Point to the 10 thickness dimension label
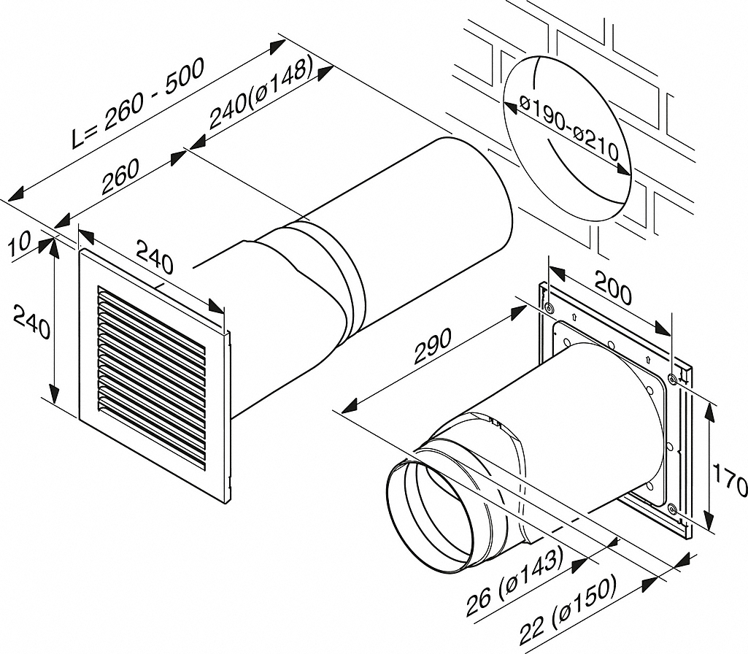(x=23, y=244)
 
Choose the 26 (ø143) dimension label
(x=514, y=582)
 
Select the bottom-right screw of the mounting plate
(x=672, y=508)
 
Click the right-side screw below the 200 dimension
(x=671, y=378)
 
